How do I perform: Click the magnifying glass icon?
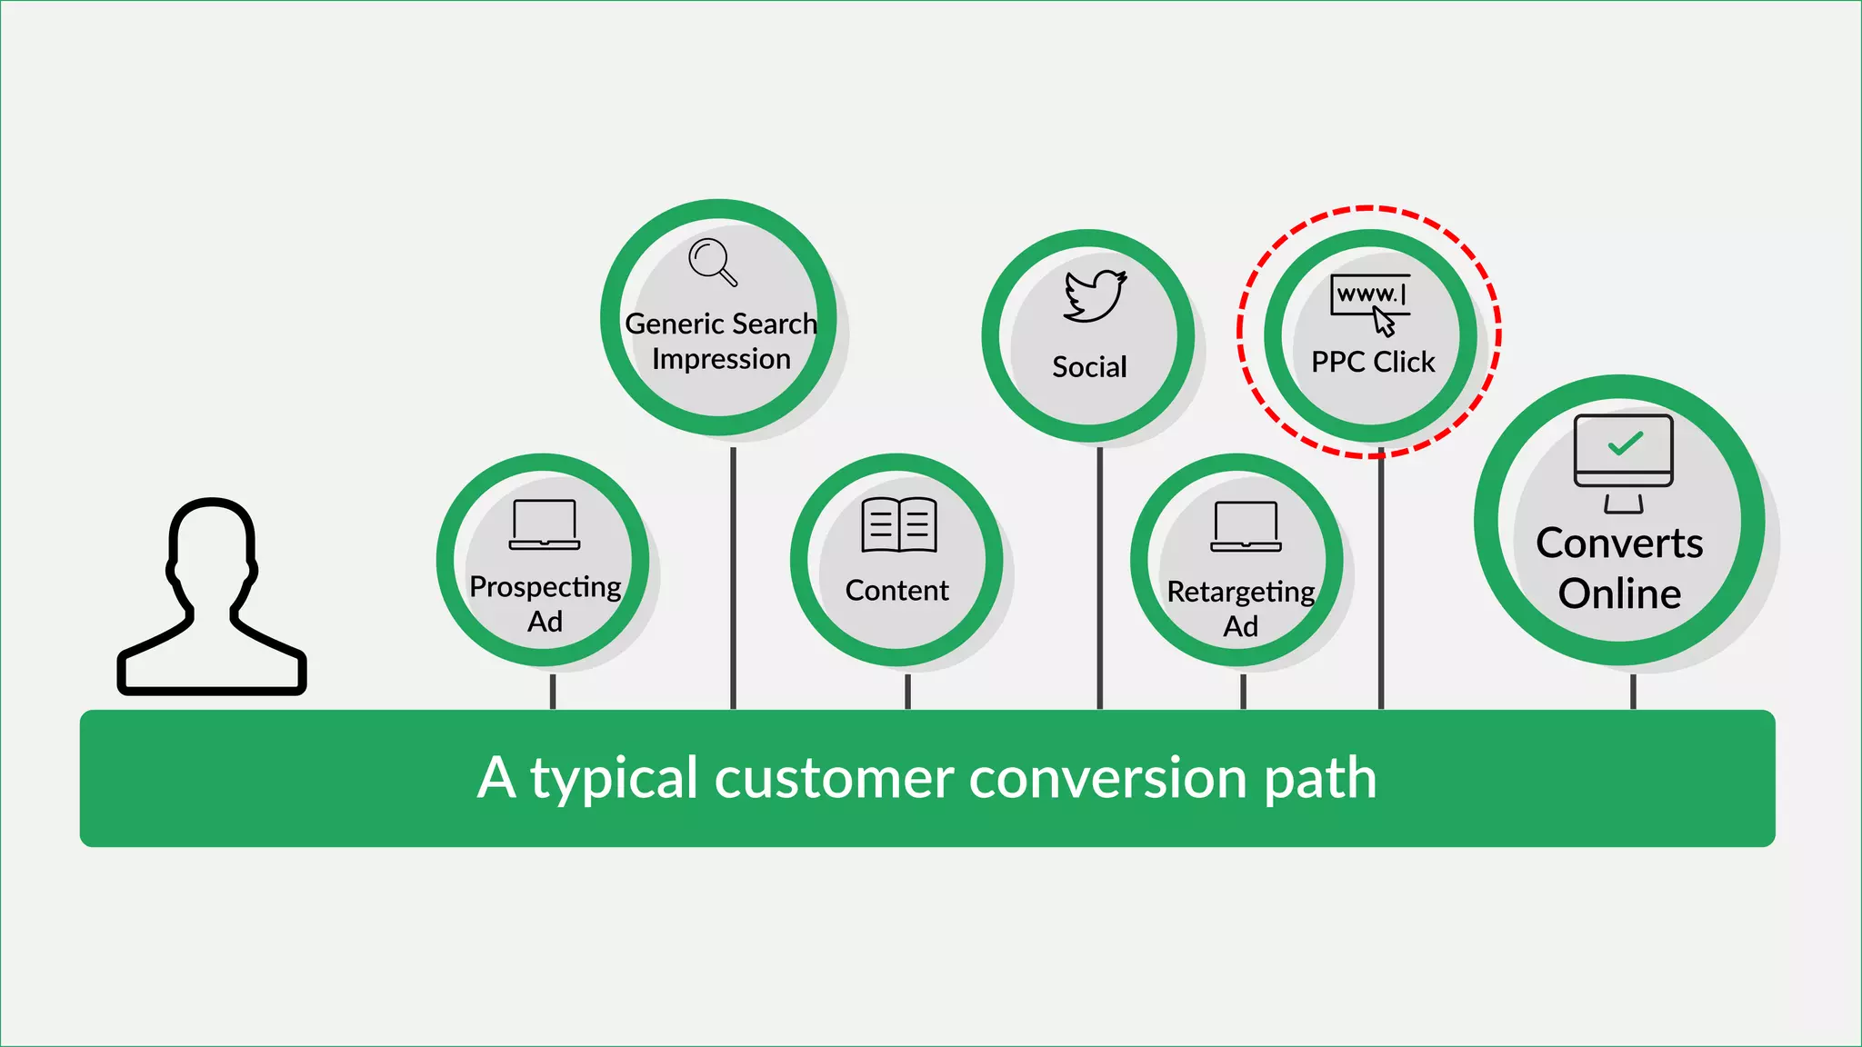(712, 262)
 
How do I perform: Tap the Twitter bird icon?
(1095, 295)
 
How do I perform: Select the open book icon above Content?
(898, 525)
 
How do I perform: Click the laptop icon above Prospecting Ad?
(545, 524)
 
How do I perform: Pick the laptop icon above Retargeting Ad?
(1246, 527)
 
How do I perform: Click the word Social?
(1089, 367)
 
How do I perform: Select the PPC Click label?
(1373, 363)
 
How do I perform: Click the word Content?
(897, 591)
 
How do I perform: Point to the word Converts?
(1619, 543)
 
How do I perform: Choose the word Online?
(1619, 594)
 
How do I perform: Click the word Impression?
(721, 360)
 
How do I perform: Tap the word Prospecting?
(546, 588)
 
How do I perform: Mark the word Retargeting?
(1241, 593)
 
